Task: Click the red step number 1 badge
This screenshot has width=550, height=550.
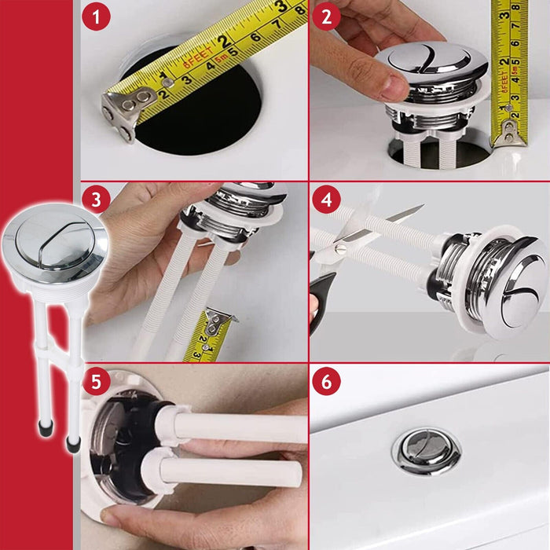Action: point(96,18)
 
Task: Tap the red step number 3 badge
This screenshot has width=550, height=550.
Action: point(96,200)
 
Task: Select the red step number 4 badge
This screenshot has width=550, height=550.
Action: point(327,200)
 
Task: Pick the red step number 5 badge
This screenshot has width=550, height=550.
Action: point(96,383)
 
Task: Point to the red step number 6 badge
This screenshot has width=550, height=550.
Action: point(327,383)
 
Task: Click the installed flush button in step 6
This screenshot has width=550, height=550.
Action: point(427,449)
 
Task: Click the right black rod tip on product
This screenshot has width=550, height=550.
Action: point(74,445)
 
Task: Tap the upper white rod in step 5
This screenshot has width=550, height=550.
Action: point(236,427)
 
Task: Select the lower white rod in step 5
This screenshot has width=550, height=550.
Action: point(236,475)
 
